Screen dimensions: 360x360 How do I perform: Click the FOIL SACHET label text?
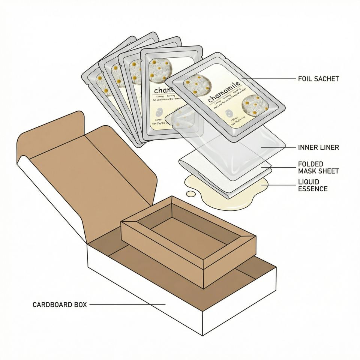point(318,79)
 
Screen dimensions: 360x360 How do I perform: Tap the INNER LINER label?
point(318,147)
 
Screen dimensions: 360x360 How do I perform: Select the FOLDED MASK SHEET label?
point(318,168)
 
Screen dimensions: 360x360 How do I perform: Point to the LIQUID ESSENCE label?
point(313,185)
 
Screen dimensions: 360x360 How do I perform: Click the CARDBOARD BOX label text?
point(60,304)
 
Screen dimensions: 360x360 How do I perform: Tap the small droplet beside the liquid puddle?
point(191,193)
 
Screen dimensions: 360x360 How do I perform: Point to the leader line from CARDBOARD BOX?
point(127,304)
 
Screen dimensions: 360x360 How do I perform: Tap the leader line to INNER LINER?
point(277,147)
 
